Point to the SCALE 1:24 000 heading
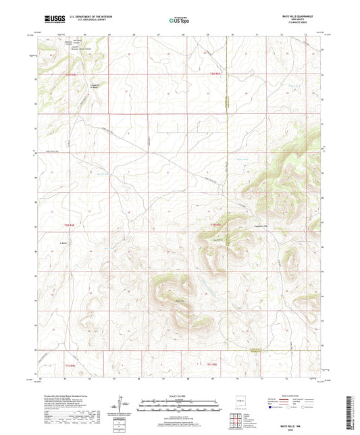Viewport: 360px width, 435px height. point(180,395)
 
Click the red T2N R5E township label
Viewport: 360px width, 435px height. point(215,73)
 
